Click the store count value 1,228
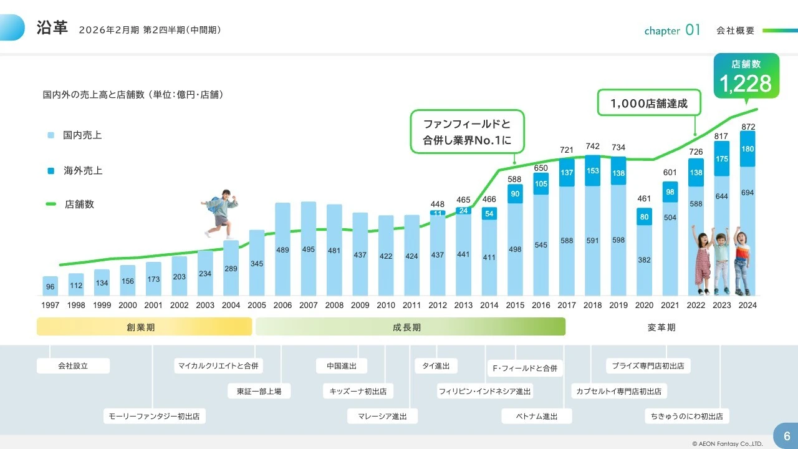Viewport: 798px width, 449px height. coord(746,84)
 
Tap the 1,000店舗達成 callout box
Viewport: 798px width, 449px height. coord(649,104)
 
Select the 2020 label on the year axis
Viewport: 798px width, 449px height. coord(644,306)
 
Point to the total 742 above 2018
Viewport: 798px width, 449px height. coord(593,147)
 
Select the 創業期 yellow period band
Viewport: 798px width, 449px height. coord(144,327)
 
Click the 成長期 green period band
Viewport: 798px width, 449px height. coord(410,327)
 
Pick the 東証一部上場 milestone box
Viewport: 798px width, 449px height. coord(259,392)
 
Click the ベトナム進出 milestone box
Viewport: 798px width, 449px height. coord(537,417)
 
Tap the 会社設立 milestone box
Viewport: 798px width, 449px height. coord(73,366)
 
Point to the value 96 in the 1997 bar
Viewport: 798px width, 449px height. coord(50,287)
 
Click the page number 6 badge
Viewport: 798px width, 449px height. coord(786,436)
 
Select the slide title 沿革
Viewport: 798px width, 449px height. coord(52,28)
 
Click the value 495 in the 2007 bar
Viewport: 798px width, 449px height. coord(309,249)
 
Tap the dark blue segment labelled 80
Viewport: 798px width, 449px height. coord(645,217)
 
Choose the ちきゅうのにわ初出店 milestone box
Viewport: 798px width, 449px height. coord(686,417)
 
